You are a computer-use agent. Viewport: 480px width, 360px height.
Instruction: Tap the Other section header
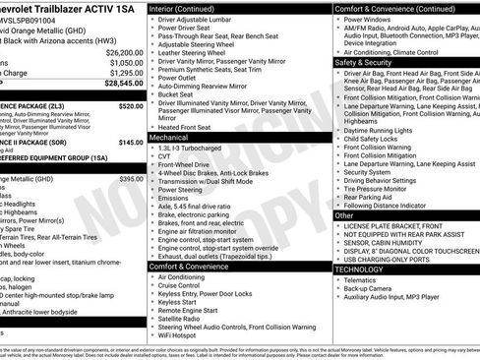click(345, 214)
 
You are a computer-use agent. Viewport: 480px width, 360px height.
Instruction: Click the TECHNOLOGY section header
click(360, 268)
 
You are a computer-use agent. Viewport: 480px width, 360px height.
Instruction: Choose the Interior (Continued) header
click(191, 8)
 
